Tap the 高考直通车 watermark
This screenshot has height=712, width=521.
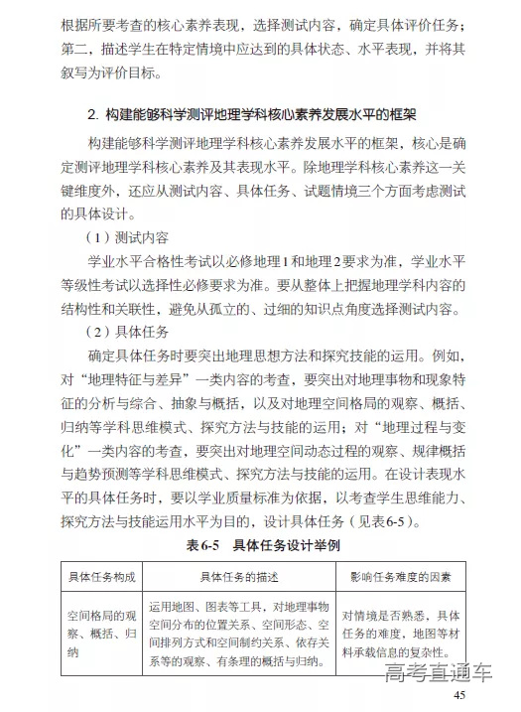438,674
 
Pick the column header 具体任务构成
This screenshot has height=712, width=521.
101,575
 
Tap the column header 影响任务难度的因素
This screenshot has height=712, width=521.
401,575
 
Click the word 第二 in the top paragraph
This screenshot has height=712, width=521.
75,49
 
